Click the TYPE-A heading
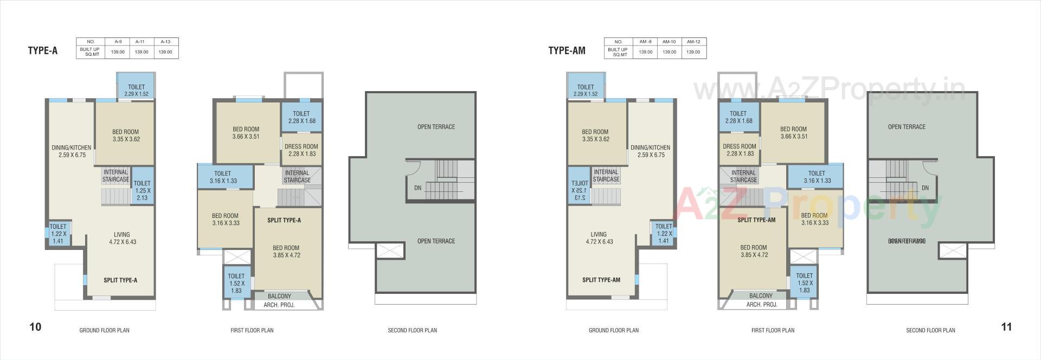point(42,51)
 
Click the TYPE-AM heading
point(567,51)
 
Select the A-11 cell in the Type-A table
point(140,41)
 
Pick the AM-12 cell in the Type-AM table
point(693,41)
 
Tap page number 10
point(35,327)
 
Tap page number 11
point(1006,327)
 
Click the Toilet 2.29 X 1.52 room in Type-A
point(136,90)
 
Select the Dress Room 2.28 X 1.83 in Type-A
point(301,150)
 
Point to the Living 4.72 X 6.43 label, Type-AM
point(599,238)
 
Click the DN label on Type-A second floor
point(417,188)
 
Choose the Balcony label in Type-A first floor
point(279,296)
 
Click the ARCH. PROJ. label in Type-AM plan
point(762,305)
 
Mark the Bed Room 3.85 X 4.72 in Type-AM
point(753,251)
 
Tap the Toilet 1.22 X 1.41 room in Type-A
point(57,234)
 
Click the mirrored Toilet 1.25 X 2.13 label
point(580,190)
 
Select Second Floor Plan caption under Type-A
point(412,330)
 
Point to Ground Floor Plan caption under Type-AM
point(613,330)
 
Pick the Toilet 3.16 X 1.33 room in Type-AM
point(817,177)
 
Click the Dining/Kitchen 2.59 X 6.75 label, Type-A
point(71,151)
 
